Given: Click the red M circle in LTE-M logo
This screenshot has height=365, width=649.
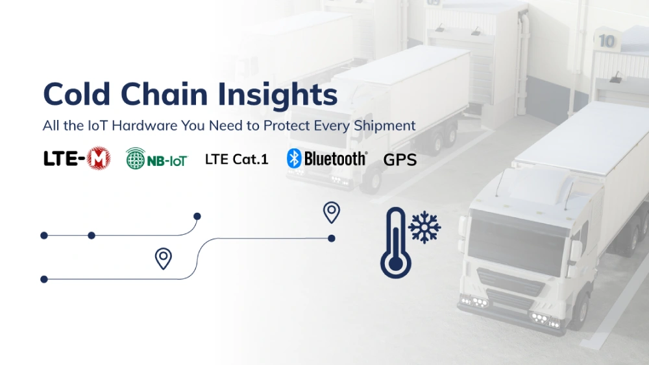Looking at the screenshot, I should [99, 158].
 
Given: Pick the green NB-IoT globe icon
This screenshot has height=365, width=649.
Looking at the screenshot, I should [136, 158].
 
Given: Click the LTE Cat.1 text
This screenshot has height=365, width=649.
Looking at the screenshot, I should [236, 159].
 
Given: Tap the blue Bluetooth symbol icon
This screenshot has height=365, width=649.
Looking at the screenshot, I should [295, 158].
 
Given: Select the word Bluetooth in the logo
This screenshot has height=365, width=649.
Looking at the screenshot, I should [335, 158].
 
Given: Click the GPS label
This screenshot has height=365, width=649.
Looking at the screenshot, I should [400, 159].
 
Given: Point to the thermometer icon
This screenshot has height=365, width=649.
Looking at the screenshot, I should [395, 243].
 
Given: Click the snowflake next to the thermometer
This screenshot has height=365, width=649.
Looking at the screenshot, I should [425, 227].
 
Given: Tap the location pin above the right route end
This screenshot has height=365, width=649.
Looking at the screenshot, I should [332, 211].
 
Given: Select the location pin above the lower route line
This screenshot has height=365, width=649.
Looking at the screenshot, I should [164, 258].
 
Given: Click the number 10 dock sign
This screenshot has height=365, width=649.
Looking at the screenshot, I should [607, 41].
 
